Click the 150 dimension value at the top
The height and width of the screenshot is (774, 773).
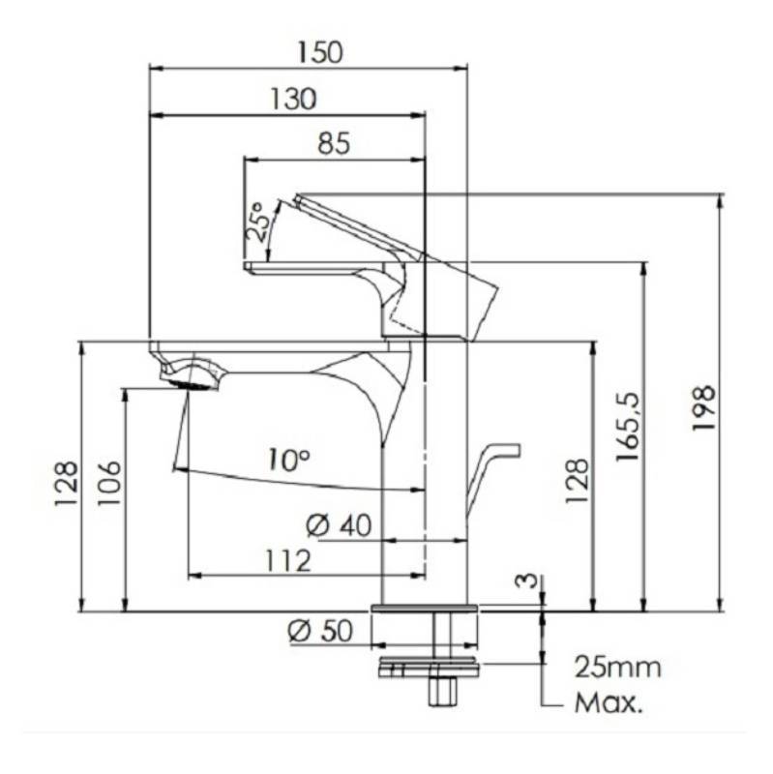point(320,52)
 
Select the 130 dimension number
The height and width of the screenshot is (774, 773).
point(294,99)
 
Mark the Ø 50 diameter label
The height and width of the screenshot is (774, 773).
point(320,631)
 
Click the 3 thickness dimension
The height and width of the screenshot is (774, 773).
point(523,581)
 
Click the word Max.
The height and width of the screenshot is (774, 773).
point(609,702)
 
